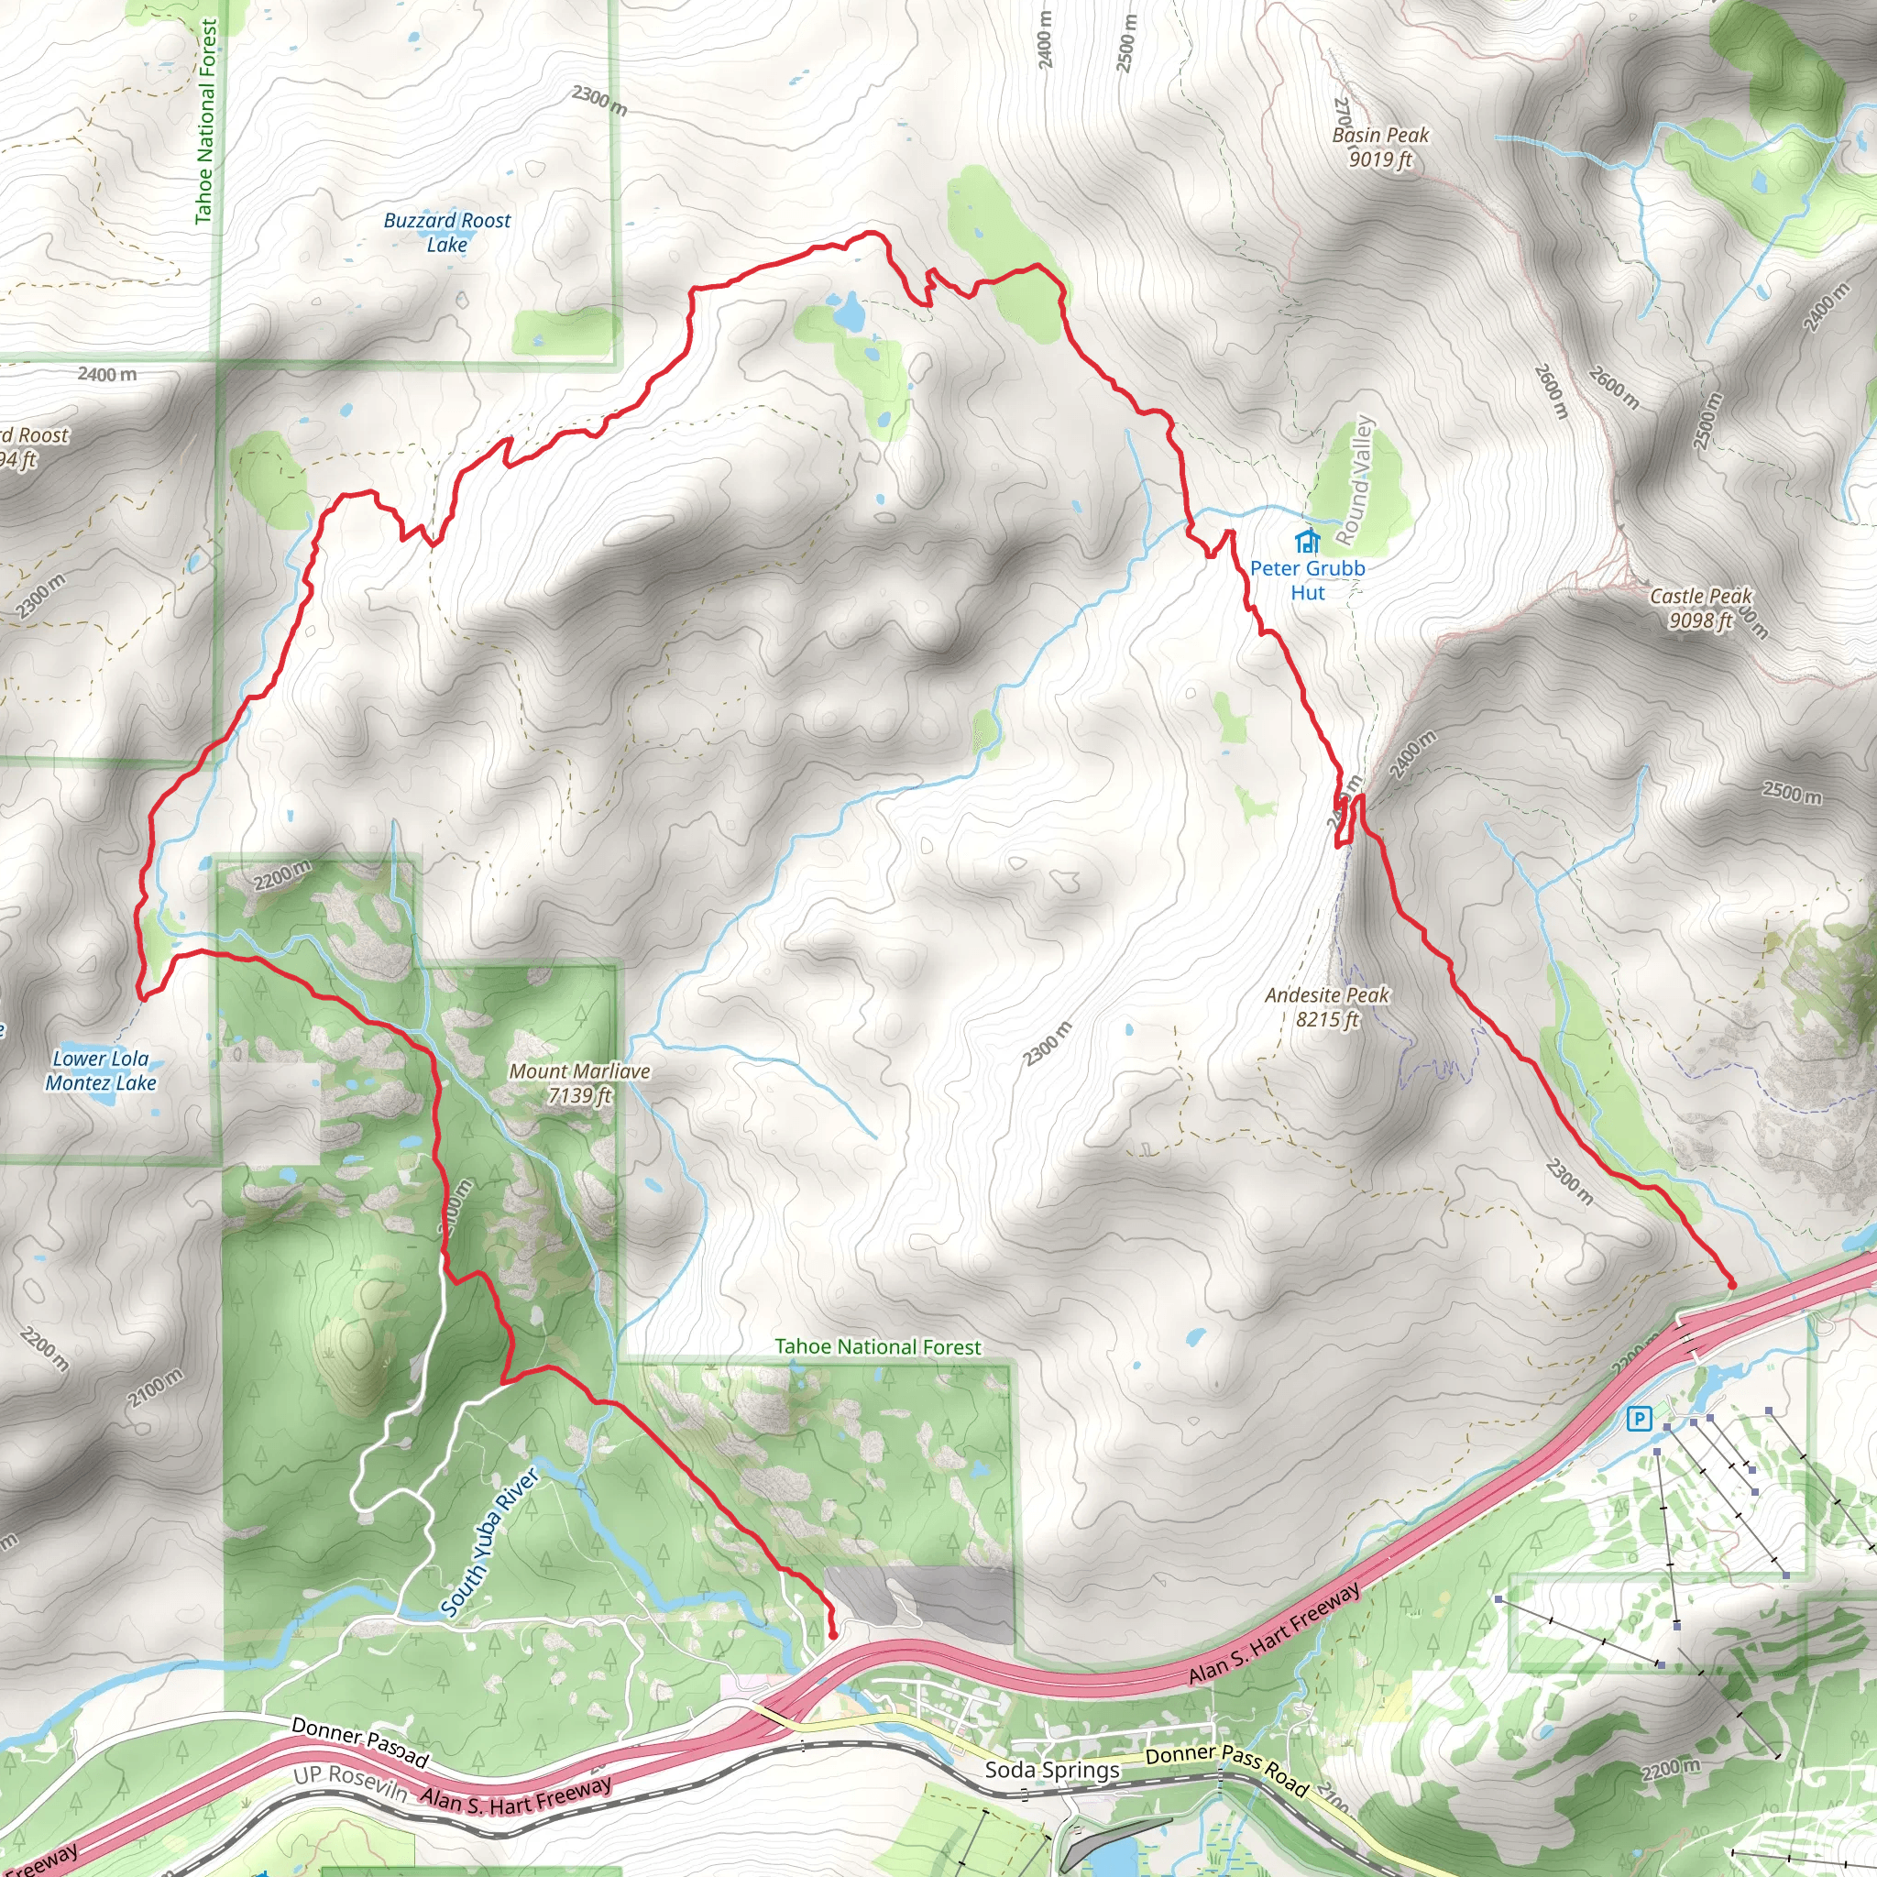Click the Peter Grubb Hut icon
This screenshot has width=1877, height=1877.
click(1308, 540)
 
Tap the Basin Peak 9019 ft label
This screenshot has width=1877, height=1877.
click(1379, 147)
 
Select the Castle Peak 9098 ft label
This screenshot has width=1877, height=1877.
click(1700, 609)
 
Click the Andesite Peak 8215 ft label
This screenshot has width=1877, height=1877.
click(1327, 1006)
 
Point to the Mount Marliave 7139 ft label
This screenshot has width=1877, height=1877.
click(579, 1082)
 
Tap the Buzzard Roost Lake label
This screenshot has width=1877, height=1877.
click(447, 232)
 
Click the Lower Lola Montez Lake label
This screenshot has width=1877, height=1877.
click(101, 1070)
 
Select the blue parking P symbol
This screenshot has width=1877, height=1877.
click(1639, 1420)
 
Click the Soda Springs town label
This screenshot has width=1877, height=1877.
click(1052, 1769)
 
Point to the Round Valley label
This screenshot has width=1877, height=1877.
click(1355, 480)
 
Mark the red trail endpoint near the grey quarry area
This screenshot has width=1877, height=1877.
click(832, 1636)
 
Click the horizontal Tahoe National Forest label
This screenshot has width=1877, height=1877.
click(877, 1346)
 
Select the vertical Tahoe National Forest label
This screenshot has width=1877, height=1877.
click(206, 122)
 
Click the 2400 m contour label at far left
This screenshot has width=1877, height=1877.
click(107, 374)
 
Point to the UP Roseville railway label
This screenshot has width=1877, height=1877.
click(350, 1784)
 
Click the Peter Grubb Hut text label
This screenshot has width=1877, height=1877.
click(1308, 580)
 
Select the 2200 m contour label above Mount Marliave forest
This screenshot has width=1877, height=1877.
click(281, 874)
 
